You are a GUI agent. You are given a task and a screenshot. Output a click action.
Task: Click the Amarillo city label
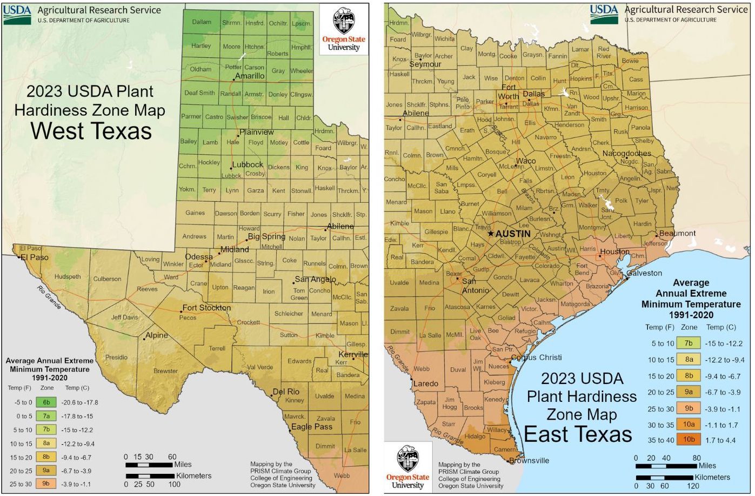point(250,76)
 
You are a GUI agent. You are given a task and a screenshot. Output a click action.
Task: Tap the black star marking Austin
point(491,234)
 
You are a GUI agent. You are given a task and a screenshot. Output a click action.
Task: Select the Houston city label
point(614,252)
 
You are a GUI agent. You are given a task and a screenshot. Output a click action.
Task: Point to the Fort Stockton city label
point(206,308)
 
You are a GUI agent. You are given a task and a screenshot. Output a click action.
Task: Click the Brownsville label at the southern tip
point(530,461)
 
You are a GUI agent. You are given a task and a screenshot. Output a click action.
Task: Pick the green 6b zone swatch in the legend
point(46,402)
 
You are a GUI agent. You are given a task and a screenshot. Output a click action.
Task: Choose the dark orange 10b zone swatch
point(689,440)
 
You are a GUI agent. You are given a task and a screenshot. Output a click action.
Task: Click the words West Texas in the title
point(91,131)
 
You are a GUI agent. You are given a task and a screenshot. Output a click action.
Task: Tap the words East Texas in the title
point(578,434)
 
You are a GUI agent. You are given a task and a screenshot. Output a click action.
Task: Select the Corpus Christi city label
point(536,358)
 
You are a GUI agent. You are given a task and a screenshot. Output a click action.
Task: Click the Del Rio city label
point(286,392)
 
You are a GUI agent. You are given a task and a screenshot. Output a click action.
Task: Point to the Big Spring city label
point(266,236)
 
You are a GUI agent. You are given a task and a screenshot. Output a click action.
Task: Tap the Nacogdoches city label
point(627,154)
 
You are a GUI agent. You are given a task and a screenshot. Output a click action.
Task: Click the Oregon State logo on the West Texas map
point(343,30)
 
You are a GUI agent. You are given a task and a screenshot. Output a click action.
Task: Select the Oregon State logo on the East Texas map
point(408,467)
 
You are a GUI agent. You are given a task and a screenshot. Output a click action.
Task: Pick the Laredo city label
point(426,384)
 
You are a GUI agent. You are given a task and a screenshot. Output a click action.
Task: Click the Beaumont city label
point(678,233)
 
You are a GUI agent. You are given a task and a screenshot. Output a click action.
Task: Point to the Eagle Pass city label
point(312,427)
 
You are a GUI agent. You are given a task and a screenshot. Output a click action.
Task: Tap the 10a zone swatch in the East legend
point(689,424)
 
